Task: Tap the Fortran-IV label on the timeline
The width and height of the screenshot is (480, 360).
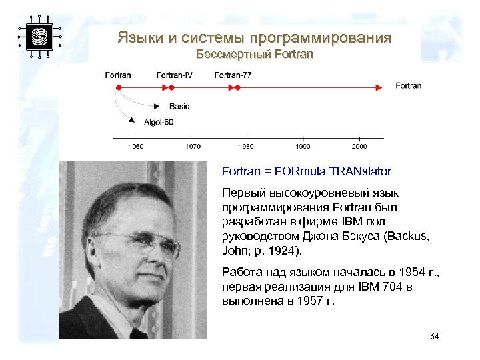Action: click(x=175, y=75)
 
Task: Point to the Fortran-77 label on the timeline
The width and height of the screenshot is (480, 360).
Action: click(x=233, y=75)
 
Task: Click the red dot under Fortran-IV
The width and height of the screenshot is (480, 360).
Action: click(x=171, y=87)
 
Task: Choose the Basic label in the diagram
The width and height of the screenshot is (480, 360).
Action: click(x=179, y=106)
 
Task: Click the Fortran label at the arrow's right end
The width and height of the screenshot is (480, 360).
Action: click(x=408, y=85)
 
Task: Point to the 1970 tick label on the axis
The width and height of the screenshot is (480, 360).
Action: click(x=193, y=145)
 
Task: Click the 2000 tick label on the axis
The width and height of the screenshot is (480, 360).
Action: click(x=359, y=145)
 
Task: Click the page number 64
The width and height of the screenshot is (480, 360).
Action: click(x=435, y=336)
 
